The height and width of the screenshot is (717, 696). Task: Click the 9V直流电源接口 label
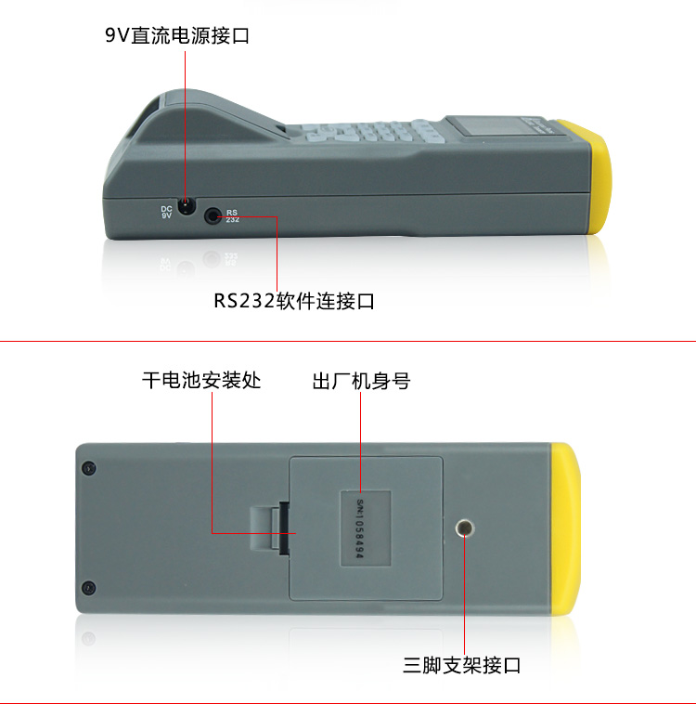[x=177, y=35]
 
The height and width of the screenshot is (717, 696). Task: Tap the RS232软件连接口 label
[x=294, y=301]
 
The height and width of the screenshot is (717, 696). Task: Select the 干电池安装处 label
[x=201, y=381]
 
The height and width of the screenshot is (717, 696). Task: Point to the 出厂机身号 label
[x=361, y=381]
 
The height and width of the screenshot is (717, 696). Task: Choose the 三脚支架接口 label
[x=461, y=665]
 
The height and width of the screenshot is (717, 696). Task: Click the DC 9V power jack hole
[x=186, y=206]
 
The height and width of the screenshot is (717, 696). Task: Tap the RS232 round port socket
[x=213, y=215]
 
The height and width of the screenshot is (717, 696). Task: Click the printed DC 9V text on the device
[x=166, y=212]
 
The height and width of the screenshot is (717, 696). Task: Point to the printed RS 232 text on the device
[x=232, y=215]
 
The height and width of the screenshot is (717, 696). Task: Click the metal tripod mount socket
[x=465, y=528]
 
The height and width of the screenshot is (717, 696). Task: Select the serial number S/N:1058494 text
[x=360, y=529]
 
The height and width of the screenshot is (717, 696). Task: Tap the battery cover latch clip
[x=270, y=528]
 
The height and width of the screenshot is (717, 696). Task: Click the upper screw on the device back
[x=89, y=468]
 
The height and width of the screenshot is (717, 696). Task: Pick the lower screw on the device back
[x=89, y=588]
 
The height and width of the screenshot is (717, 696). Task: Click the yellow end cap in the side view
[x=588, y=176]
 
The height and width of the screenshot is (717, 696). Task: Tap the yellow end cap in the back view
[x=566, y=529]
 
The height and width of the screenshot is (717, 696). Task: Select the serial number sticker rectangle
[x=365, y=528]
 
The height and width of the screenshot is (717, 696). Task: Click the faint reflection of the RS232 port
[x=212, y=259]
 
